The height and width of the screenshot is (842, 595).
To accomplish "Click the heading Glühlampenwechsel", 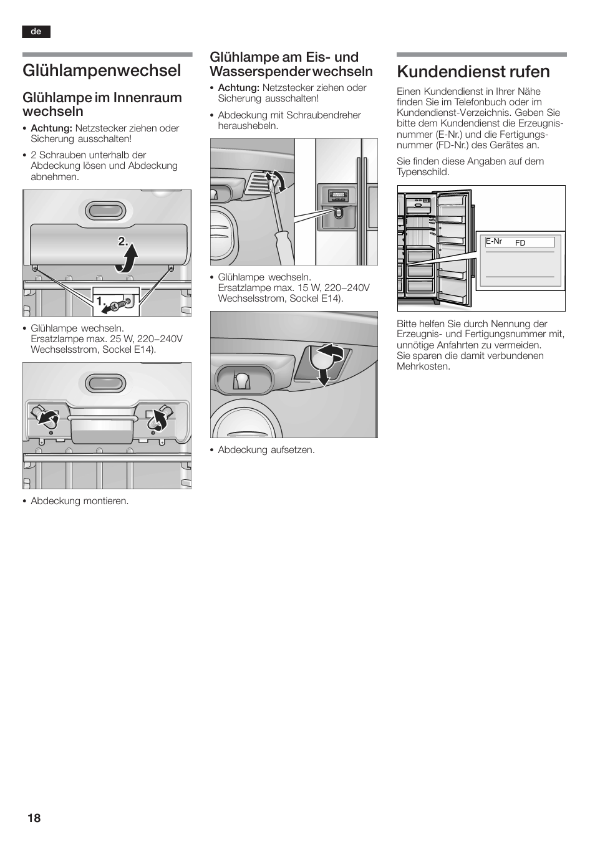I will (x=102, y=70).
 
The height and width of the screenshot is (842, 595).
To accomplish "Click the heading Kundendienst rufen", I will (x=473, y=72).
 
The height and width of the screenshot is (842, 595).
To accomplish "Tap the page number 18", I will (x=34, y=818).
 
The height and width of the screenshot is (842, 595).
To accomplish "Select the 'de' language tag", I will (x=36, y=32).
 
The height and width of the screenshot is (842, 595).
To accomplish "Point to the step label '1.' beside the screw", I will (x=100, y=300).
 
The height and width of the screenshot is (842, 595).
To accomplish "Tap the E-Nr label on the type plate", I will (x=494, y=241).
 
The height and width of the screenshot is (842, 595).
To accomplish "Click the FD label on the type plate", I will (x=520, y=243).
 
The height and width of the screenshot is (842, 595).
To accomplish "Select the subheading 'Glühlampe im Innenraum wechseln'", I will (x=102, y=104).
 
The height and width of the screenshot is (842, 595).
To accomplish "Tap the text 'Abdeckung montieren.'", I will (x=79, y=501).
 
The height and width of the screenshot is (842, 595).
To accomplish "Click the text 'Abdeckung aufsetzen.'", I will (x=266, y=450).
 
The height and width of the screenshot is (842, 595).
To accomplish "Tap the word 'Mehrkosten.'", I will (x=423, y=366).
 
